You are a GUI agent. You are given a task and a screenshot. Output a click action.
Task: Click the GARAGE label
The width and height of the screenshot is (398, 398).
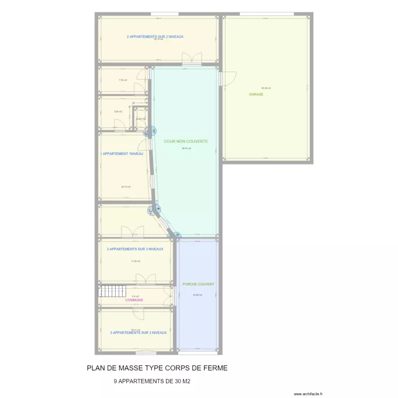(x=256, y=94)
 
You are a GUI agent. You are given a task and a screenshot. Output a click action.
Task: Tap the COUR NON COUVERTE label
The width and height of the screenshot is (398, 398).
(x=186, y=142)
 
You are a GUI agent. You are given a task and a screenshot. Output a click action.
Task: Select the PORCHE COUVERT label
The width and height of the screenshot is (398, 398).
(x=198, y=284)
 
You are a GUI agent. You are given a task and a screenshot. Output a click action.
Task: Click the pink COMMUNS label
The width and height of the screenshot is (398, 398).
(x=134, y=300)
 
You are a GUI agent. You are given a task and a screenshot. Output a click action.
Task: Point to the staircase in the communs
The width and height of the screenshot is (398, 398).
(x=111, y=291)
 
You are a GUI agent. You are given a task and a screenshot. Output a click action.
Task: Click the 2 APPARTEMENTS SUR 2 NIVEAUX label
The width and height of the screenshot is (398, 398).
(x=155, y=37)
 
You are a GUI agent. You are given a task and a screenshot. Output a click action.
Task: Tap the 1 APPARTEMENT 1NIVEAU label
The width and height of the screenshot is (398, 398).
(x=122, y=154)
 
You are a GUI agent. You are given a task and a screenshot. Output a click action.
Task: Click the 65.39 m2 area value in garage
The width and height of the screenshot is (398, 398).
(x=266, y=88)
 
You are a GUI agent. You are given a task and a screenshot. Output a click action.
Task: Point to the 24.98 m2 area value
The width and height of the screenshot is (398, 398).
(x=197, y=295)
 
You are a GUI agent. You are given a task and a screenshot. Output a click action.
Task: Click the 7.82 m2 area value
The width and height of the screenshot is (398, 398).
(x=123, y=80)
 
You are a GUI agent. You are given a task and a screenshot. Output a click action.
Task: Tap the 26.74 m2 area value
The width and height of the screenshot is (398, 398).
(x=126, y=187)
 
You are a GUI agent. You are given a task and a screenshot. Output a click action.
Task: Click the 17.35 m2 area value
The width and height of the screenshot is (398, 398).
(x=135, y=261)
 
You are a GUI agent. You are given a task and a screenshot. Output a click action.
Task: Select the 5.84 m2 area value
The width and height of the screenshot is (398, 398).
(x=118, y=111)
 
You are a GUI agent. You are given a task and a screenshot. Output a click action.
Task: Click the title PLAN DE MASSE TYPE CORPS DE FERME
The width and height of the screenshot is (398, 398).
(x=157, y=368)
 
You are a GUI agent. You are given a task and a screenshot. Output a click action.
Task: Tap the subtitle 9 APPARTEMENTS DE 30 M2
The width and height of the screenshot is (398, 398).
(x=152, y=382)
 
